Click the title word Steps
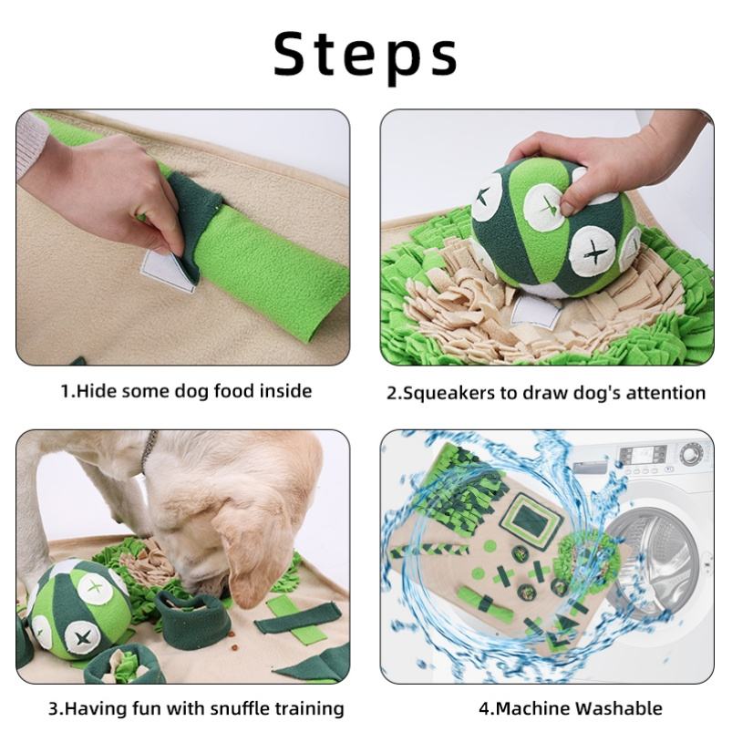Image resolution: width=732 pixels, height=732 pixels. [x=365, y=55]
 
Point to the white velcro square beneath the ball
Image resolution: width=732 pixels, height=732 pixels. [x=536, y=312]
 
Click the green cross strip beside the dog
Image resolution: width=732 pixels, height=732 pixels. [x=296, y=619]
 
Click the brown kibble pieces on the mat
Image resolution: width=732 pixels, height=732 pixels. [x=233, y=648]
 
